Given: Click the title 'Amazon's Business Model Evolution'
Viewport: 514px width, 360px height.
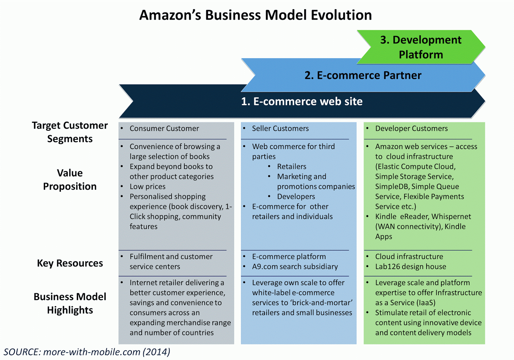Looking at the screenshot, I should click(x=255, y=15).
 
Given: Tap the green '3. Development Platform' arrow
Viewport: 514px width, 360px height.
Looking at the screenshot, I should click(x=421, y=47).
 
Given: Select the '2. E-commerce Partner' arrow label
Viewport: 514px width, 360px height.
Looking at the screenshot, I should click(x=363, y=75).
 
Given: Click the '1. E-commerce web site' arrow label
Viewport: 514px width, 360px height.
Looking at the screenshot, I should click(x=302, y=102).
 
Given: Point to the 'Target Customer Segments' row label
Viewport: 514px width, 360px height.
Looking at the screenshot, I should click(x=70, y=132).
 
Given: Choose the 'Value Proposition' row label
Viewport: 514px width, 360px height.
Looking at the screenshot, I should click(x=70, y=179).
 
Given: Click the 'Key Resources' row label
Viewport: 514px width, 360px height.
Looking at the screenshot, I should click(x=70, y=263).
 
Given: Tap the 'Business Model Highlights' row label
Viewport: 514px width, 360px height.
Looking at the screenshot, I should click(x=70, y=303).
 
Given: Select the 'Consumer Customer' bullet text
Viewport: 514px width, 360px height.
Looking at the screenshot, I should click(x=164, y=129).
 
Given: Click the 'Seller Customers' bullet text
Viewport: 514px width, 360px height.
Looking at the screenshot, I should click(x=280, y=129).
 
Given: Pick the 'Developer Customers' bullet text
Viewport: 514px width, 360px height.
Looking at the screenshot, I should click(x=411, y=129).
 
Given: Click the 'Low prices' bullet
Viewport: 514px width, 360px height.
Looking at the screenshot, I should click(x=147, y=186).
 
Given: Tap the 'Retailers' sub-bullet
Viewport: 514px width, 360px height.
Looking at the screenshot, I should click(x=292, y=166).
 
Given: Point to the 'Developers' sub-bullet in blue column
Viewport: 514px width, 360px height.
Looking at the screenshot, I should click(x=296, y=196).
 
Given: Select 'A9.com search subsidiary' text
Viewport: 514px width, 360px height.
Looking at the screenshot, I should click(x=295, y=266).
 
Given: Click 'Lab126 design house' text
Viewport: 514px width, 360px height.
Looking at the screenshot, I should click(x=411, y=266).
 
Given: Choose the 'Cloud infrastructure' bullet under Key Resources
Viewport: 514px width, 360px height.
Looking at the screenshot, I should click(x=409, y=256).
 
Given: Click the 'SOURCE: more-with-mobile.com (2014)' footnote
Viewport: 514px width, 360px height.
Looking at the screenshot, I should click(x=87, y=352).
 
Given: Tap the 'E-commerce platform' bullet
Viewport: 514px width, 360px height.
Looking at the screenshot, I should click(x=289, y=256).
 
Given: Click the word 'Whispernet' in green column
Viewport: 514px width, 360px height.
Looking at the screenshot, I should click(x=451, y=217).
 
